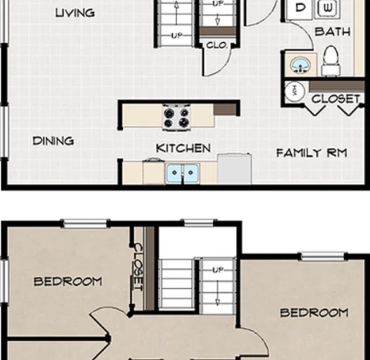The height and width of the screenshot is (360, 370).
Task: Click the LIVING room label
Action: [75, 13]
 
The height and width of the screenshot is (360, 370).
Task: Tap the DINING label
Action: [53, 141]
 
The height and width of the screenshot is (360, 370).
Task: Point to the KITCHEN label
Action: [183, 148]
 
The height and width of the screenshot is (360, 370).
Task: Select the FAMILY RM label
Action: [312, 152]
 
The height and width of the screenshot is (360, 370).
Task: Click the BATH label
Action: [332, 32]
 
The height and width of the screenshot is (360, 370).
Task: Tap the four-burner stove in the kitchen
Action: [177, 117]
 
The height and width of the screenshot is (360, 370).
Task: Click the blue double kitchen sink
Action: [182, 173]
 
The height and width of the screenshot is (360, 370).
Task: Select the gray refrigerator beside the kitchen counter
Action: [234, 169]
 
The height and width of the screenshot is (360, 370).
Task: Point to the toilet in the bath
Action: [331, 61]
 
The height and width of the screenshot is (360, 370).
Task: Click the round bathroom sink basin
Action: [300, 65]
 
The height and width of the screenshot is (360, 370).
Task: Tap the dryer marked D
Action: [300, 9]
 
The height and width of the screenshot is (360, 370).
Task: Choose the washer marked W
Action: [327, 9]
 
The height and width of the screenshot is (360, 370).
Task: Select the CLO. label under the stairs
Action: [217, 45]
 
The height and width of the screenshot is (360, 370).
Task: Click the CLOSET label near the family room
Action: [336, 99]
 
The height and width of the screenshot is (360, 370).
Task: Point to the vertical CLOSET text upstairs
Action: [138, 267]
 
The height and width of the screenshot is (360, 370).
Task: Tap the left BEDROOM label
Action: [68, 281]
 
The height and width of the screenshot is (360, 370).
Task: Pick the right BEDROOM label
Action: [314, 313]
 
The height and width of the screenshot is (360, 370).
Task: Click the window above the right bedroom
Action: [322, 256]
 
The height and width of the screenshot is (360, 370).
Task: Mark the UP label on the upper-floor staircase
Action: [217, 270]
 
